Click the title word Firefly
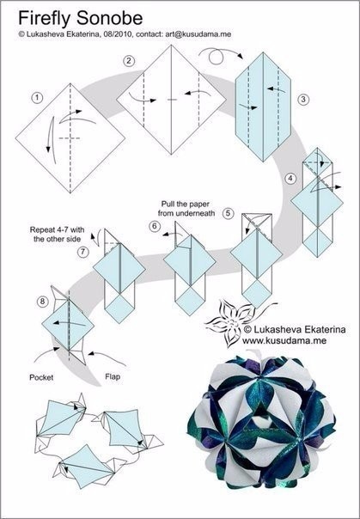click(45, 18)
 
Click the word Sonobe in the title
click(110, 18)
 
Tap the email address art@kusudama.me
click(198, 34)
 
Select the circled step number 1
click(38, 98)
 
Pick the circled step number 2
click(129, 61)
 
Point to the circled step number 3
click(303, 100)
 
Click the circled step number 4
click(290, 179)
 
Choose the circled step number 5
click(228, 213)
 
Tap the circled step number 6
click(155, 226)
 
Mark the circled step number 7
click(83, 253)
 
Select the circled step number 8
click(42, 302)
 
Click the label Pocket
click(41, 377)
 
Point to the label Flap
click(113, 376)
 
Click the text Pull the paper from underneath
click(186, 209)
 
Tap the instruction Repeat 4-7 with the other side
click(58, 234)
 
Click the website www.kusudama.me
click(284, 340)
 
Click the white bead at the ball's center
click(261, 422)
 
